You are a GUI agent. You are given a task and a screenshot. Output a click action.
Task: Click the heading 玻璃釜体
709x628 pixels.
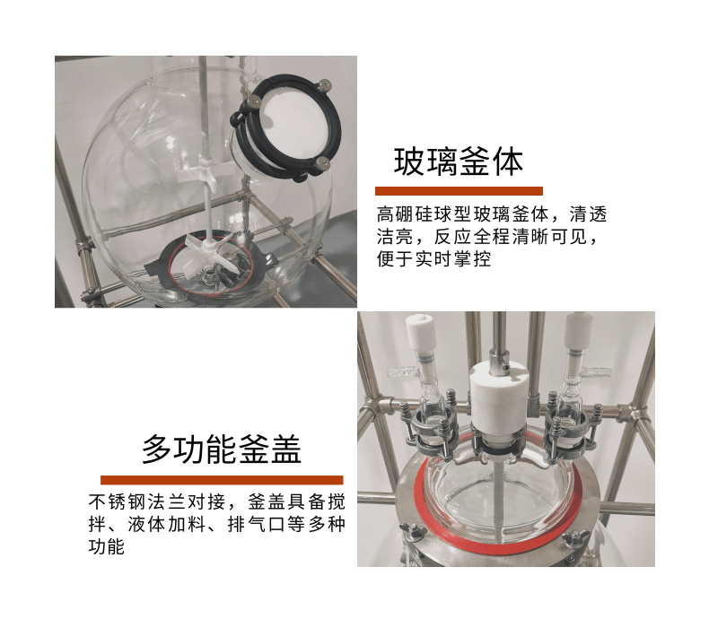click(x=459, y=161)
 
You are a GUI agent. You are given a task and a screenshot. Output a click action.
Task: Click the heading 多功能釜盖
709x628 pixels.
click(x=222, y=449)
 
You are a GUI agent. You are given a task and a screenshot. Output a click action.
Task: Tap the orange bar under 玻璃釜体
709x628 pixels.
click(x=459, y=191)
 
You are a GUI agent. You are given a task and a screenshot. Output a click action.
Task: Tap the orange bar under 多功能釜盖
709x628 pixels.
click(x=222, y=480)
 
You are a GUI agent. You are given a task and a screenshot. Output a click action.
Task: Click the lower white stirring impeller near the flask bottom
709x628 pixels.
click(x=209, y=251)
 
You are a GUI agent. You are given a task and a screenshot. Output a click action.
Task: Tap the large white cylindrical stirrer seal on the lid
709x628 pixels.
click(x=497, y=397)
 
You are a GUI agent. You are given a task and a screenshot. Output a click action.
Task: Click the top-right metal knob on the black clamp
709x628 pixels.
click(x=324, y=85)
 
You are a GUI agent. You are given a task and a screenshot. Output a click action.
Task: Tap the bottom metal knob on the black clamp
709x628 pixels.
click(x=322, y=163)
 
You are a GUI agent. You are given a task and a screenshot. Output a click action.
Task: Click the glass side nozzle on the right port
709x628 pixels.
click(x=597, y=372)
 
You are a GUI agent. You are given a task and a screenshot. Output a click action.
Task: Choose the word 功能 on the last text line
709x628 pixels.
click(x=107, y=546)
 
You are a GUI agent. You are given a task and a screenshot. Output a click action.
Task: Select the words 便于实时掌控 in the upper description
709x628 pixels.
click(x=434, y=258)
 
